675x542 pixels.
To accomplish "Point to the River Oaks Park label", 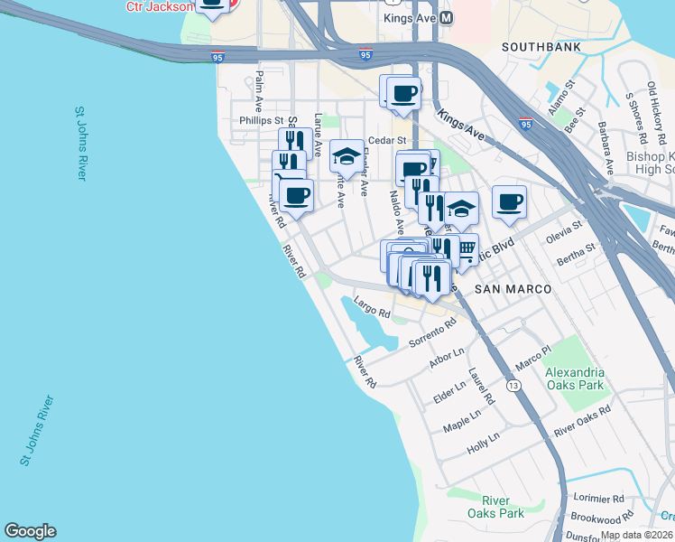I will pos(495,507).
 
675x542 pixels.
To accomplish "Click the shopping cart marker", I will pos(467,248).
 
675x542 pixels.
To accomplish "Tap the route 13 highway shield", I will pos(513,386).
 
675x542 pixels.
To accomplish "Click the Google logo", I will pos(30,531).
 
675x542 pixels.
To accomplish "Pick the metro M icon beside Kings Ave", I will pos(447,18).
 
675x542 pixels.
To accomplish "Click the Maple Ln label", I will pos(464,419).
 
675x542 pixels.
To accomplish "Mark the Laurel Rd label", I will pos(482,386).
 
